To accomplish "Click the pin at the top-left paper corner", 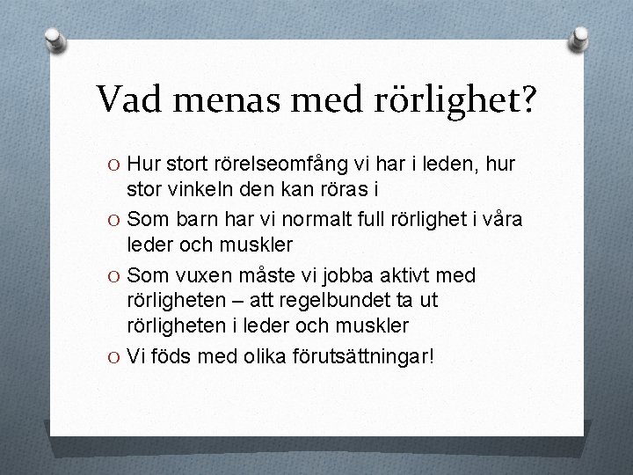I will tap(55, 40).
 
